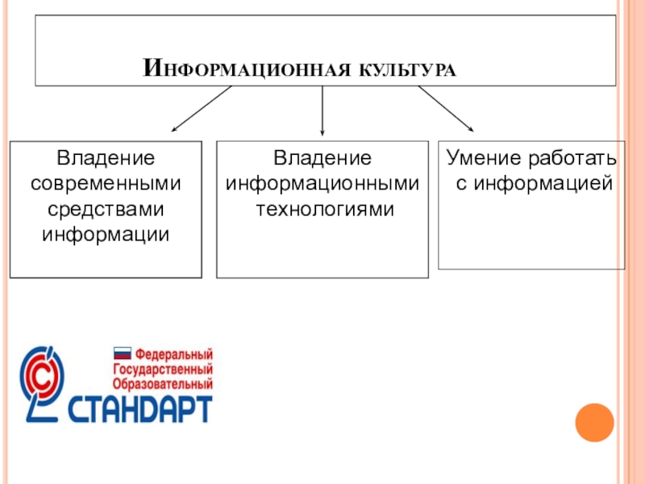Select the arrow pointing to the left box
coord(202,109)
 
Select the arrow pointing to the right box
coord(445,108)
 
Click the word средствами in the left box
coord(106,210)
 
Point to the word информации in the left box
coord(106,235)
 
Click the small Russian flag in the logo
coord(122,353)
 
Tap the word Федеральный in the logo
coord(173,354)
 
